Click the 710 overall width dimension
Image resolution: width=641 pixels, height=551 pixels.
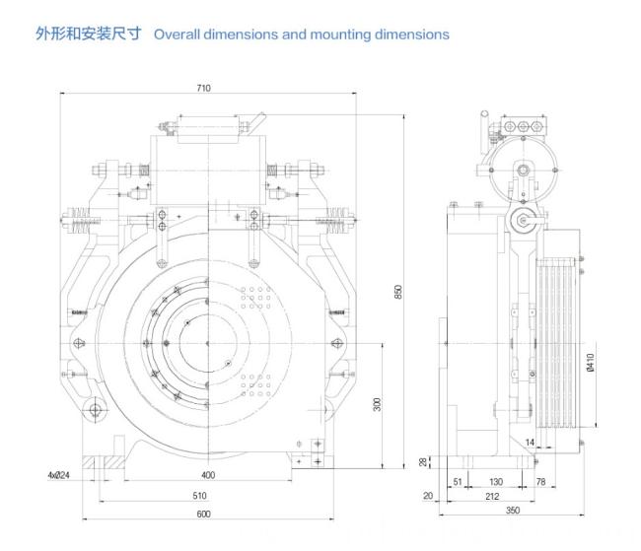203,88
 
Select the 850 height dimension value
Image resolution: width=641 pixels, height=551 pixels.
398,292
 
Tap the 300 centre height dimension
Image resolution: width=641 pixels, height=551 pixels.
378,404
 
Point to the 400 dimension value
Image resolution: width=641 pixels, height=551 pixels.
208,475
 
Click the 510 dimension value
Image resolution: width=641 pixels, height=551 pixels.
199,496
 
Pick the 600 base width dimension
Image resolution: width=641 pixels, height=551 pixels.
203,515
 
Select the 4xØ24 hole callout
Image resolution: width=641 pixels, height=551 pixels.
59,475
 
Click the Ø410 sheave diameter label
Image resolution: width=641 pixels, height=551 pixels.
591,362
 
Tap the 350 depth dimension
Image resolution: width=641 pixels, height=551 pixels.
513,511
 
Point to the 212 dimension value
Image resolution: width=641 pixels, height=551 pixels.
492,496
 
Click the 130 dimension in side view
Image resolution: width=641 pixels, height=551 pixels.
496,482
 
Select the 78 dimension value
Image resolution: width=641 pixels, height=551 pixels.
540,482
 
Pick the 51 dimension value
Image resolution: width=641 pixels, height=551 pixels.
458,482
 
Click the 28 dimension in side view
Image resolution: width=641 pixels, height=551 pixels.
423,462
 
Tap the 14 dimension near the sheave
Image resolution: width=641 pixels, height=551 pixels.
530,443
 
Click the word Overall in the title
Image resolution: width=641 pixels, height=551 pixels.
177,34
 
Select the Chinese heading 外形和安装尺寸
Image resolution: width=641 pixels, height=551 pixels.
89,34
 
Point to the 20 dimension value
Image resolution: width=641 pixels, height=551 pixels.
428,496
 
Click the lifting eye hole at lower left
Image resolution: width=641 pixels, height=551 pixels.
95,409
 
